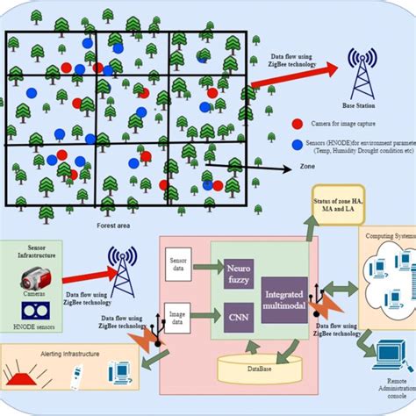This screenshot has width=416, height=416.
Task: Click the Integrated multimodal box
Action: tap(284, 298)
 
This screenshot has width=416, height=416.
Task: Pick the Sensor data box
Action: tap(179, 263)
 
